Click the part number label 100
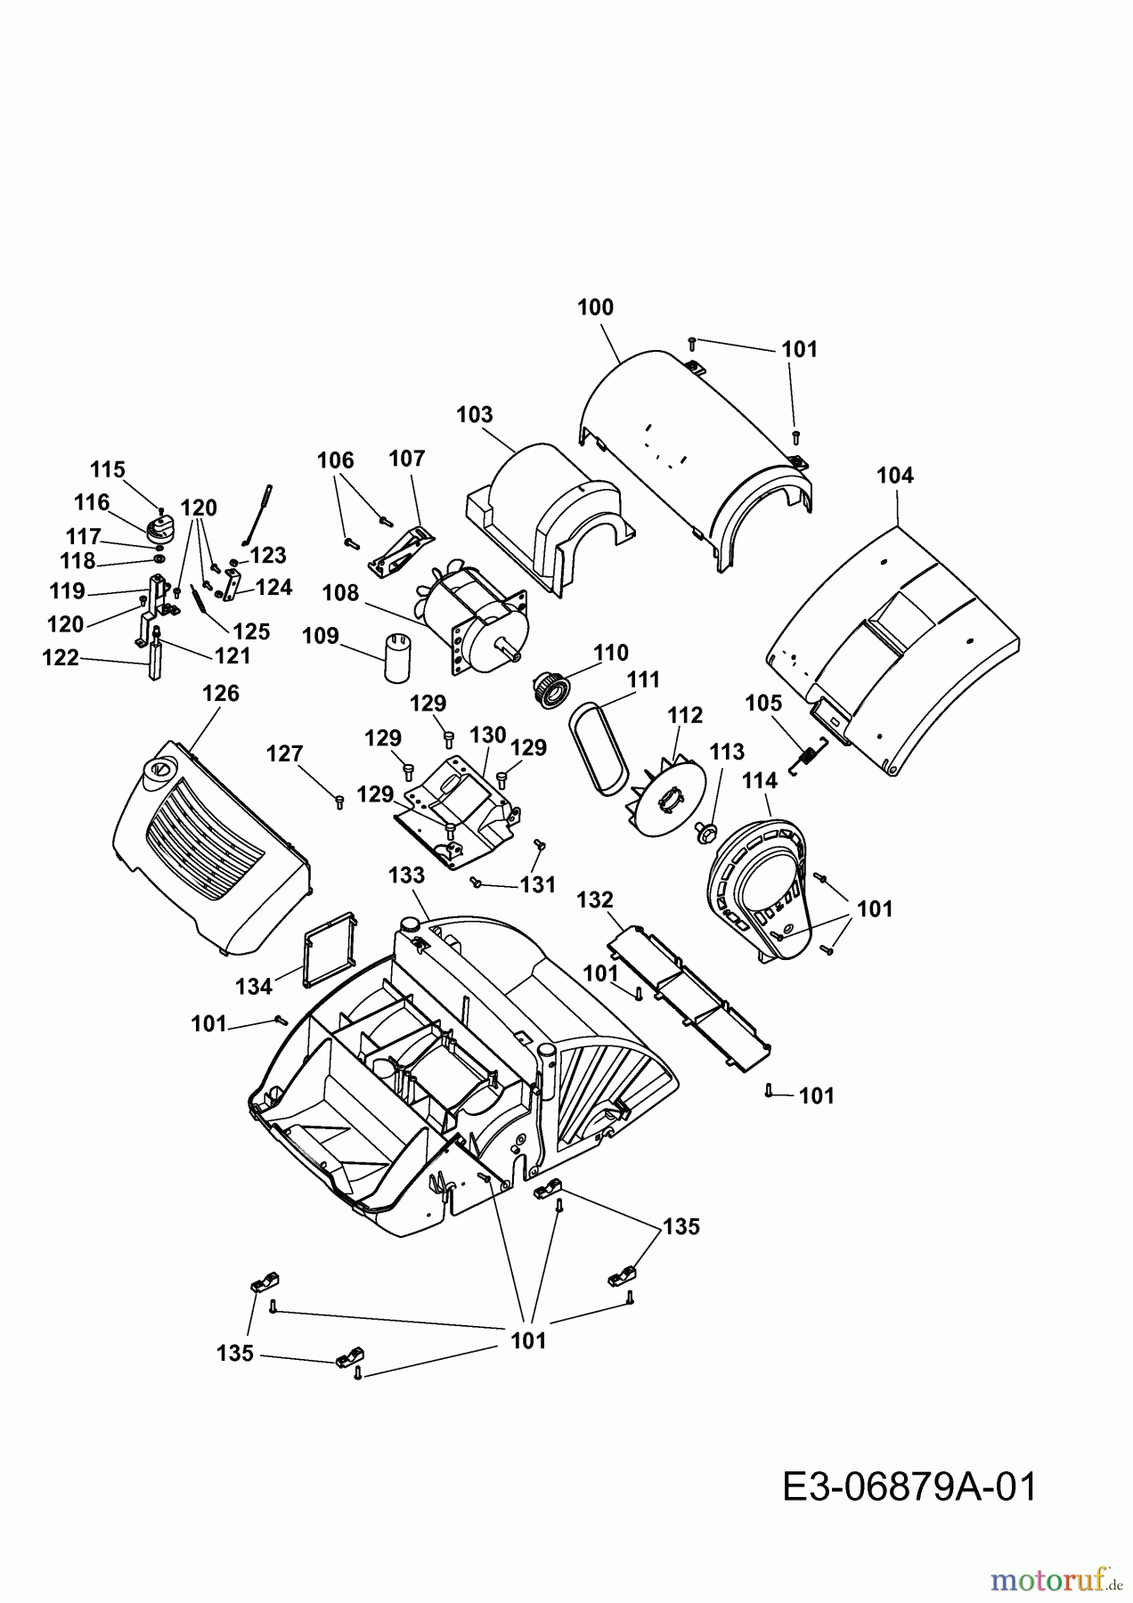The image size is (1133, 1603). [x=595, y=307]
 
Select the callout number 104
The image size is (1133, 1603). [x=895, y=476]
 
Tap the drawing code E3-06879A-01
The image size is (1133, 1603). [x=909, y=1487]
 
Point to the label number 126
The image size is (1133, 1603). [x=221, y=693]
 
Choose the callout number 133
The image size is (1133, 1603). [x=406, y=875]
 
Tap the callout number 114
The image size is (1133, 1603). [x=759, y=780]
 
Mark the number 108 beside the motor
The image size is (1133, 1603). [x=340, y=592]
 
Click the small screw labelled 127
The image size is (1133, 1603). [x=338, y=801]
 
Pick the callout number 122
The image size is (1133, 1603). [x=61, y=658]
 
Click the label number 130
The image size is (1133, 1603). [x=488, y=736]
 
